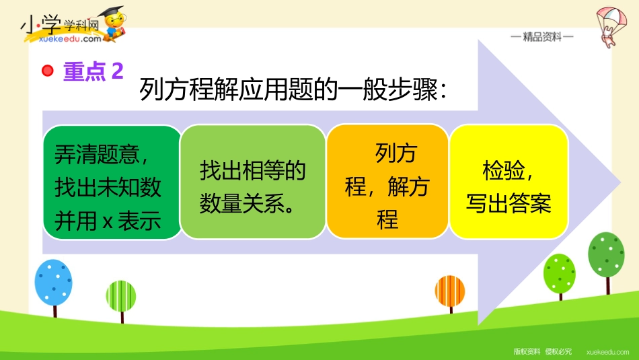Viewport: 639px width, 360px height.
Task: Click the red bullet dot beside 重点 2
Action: (48, 71)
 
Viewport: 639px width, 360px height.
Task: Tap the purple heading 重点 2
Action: (93, 71)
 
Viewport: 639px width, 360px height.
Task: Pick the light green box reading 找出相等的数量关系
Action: (253, 182)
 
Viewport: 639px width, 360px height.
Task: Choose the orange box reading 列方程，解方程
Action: (387, 182)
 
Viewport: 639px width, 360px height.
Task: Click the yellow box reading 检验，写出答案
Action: (509, 182)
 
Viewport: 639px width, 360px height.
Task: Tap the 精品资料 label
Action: (542, 37)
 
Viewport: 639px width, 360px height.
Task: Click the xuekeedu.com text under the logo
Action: (70, 39)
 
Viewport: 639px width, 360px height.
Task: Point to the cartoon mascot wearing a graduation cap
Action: (114, 24)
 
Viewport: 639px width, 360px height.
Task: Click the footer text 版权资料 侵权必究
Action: (542, 351)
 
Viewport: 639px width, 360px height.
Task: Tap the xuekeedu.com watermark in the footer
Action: (607, 352)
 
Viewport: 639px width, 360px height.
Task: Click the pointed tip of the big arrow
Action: (620, 182)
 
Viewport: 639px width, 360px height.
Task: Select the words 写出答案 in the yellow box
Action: (509, 203)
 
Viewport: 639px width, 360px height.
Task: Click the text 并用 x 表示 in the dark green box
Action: (108, 221)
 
